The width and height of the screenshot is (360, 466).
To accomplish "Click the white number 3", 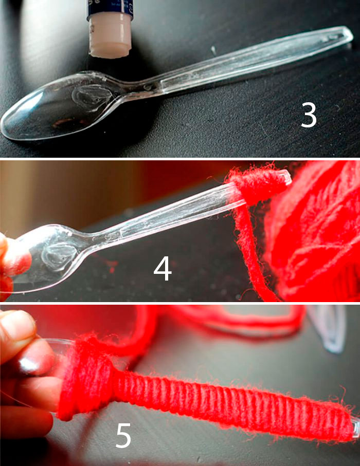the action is [309, 115].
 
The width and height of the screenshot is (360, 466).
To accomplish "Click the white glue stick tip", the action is [111, 37].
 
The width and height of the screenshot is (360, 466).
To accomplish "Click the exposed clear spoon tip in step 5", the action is [355, 428].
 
